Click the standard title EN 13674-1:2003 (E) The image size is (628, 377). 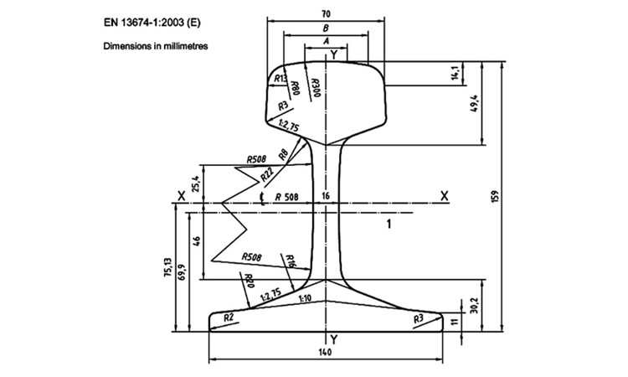pos(152,23)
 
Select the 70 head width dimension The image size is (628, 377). pos(326,14)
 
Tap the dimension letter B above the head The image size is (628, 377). pos(326,28)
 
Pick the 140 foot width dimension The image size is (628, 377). pos(325,352)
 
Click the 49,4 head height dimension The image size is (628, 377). pos(475,103)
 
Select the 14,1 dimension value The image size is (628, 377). pos(454,74)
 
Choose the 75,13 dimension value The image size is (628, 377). pos(168,267)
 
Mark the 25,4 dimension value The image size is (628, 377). pos(196,183)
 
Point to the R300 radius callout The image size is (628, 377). pos(316,87)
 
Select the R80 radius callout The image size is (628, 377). pos(295,87)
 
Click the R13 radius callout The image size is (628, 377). pos(281,78)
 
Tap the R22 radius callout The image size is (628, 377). pos(267,174)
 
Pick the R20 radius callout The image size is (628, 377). pos(250,281)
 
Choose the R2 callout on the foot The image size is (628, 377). pos(229,318)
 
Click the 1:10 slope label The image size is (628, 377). pos(305,298)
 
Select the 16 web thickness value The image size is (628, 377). pos(326,196)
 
